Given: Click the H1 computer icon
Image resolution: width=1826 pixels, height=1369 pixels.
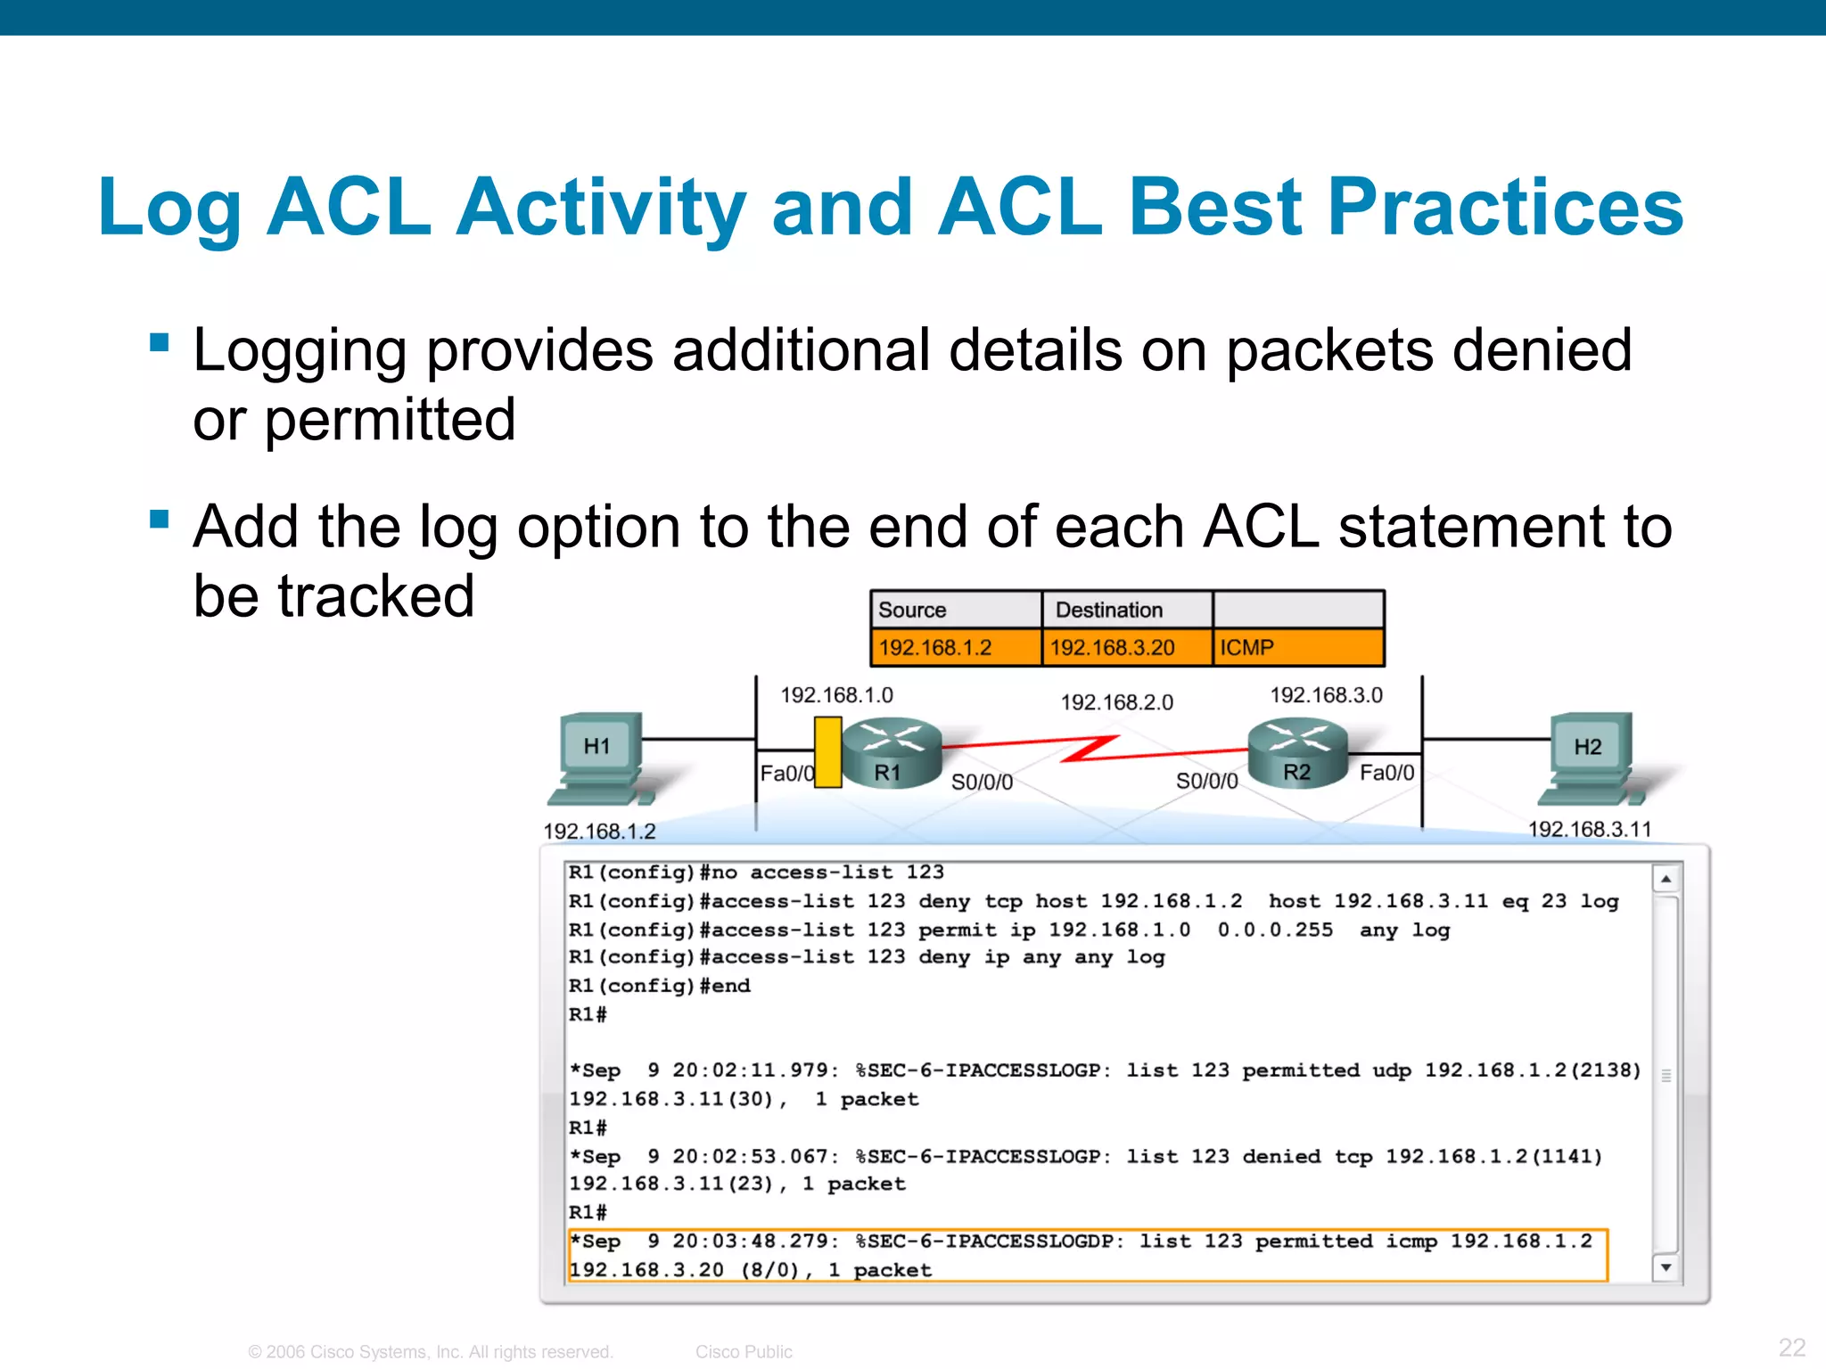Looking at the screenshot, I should pos(600,758).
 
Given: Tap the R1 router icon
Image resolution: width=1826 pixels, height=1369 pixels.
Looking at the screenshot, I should pos(891,753).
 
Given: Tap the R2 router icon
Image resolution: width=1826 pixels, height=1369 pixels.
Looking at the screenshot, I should pos(1297,753).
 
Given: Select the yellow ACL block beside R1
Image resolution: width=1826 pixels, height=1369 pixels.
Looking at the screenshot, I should pos(827,752).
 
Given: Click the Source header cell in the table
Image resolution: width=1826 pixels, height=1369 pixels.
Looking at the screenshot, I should pos(955,610).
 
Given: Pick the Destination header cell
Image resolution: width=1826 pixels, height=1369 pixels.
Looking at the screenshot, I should pos(1126,610).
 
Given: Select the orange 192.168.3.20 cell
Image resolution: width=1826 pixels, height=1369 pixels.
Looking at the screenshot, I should pos(1126,647).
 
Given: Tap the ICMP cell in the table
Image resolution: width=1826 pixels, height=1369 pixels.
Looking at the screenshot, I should pos(1297,647).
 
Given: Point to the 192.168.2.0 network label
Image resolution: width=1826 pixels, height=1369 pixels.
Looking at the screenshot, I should pos(1116,702).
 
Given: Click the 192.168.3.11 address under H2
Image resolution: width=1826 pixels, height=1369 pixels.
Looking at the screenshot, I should pos(1589,829).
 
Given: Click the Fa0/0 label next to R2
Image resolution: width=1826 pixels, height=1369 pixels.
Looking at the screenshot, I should pos(1386,773).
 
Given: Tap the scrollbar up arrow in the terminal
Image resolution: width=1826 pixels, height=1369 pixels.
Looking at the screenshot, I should pos(1666,879).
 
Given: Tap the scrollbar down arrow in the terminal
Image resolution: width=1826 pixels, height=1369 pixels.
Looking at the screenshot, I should pos(1666,1267).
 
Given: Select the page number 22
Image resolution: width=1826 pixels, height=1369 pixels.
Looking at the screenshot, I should pos(1791,1347).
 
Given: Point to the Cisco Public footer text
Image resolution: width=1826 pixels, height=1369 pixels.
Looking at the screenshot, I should pos(744,1352).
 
